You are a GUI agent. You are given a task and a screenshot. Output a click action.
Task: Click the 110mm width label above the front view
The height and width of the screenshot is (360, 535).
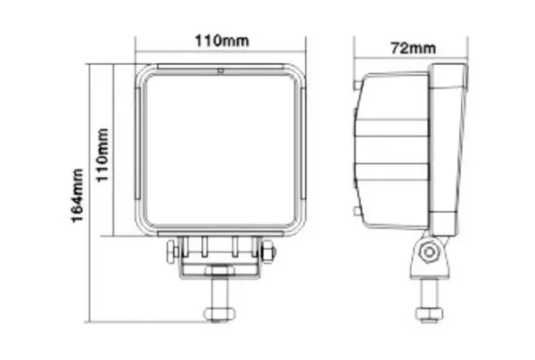tap(220, 41)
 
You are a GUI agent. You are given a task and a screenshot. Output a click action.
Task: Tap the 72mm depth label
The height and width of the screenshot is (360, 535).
tap(412, 47)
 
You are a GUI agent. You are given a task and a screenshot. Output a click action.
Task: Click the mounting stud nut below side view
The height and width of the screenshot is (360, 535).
tap(428, 311)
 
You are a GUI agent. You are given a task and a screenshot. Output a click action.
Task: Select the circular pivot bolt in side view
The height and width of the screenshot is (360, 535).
tap(431, 252)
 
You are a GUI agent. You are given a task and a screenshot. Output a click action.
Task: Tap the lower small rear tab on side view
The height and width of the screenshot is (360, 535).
tap(357, 211)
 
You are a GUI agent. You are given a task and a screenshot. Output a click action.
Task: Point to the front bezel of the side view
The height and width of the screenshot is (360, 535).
tap(449, 147)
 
